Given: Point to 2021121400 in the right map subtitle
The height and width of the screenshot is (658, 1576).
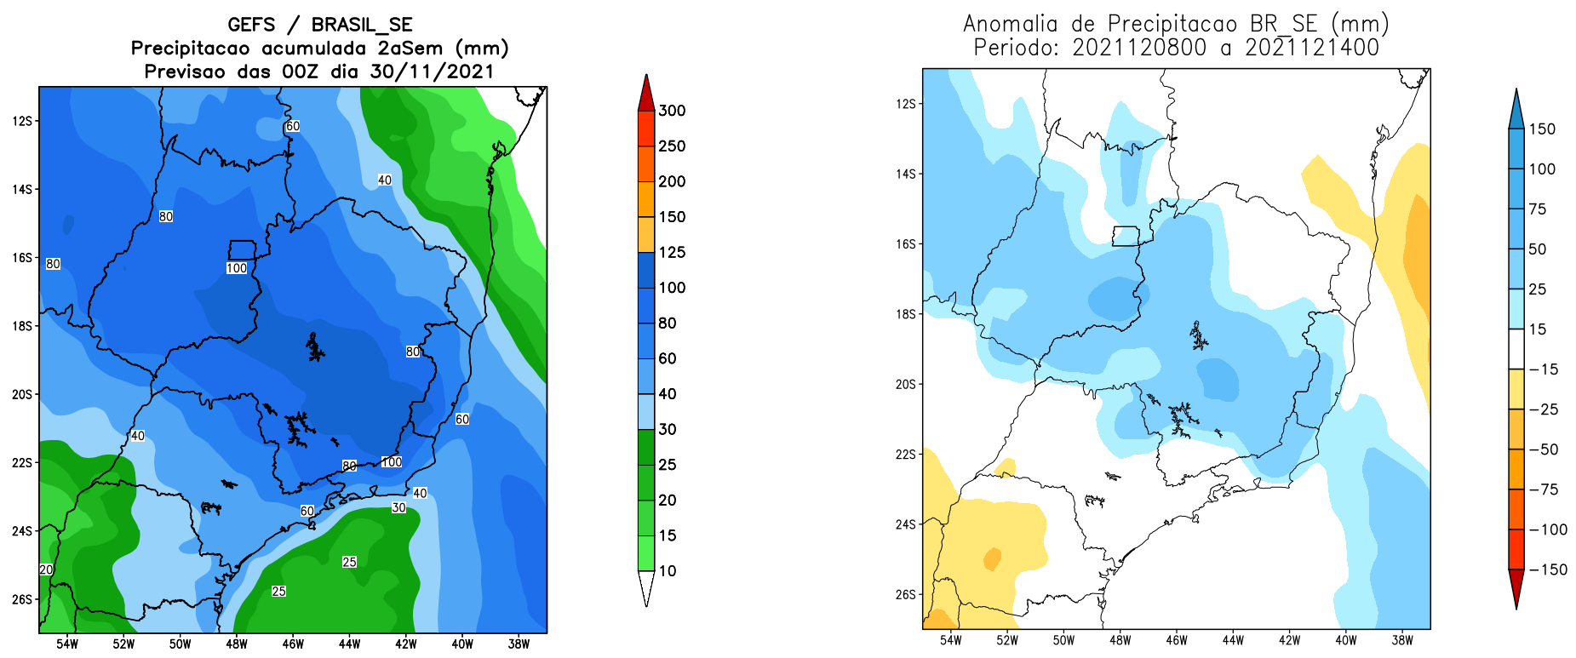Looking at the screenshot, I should [1311, 48].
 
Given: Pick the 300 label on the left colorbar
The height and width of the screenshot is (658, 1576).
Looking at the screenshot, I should [672, 111].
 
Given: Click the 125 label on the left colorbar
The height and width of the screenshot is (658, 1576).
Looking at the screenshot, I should [672, 252].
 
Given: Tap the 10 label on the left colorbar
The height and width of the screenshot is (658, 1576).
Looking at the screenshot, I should [668, 571].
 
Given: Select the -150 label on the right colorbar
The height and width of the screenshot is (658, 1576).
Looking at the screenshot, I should [1548, 569].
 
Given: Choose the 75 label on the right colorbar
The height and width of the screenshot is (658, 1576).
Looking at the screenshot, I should [1538, 209].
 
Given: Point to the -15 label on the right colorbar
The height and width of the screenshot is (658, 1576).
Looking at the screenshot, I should [1543, 369].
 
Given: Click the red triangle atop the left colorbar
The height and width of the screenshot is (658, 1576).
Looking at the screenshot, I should [646, 93].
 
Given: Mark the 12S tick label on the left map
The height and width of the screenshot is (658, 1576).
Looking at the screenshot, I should [22, 121].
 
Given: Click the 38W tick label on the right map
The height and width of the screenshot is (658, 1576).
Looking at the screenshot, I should [1402, 640].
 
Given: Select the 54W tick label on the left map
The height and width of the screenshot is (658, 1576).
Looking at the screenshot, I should [67, 644].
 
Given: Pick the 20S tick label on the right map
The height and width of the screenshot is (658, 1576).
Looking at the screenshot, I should [905, 385].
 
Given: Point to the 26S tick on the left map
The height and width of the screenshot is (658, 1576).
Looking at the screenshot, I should [22, 599].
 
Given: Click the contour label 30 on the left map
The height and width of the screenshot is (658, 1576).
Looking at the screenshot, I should [398, 507].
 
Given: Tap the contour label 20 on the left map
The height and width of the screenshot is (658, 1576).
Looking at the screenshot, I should [46, 569].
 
